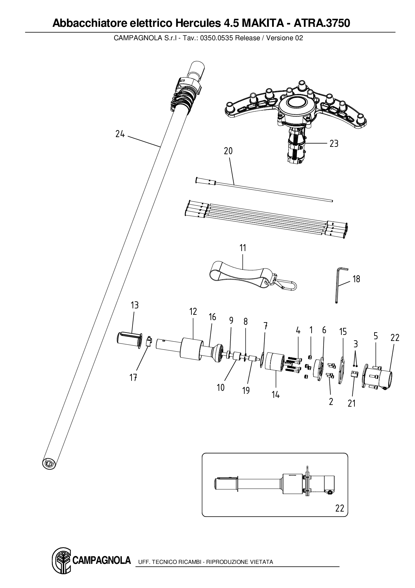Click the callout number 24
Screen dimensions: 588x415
click(120, 134)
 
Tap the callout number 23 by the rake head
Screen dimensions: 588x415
click(334, 143)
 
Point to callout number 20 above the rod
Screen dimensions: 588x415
click(228, 151)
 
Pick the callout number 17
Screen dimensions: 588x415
click(133, 378)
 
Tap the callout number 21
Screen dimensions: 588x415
click(351, 403)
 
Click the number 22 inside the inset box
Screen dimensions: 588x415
click(339, 508)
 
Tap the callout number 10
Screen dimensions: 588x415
click(221, 388)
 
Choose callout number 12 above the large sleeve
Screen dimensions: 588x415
click(193, 311)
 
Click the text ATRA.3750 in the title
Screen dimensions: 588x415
click(322, 23)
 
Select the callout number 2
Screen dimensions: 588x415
click(331, 401)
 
